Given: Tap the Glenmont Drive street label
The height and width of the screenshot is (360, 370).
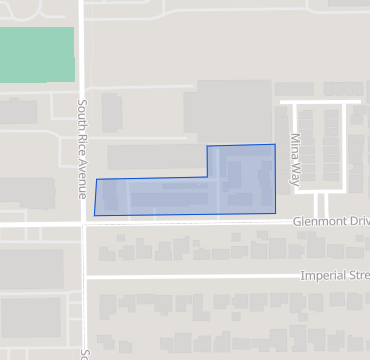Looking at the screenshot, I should click(x=330, y=221).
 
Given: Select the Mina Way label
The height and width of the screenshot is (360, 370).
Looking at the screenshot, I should click(x=295, y=151).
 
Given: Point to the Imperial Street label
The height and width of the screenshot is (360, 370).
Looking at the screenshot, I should click(x=334, y=275).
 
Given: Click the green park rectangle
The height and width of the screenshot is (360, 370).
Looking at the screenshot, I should click(x=37, y=55).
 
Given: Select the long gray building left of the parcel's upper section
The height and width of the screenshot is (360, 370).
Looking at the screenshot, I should click(x=155, y=157).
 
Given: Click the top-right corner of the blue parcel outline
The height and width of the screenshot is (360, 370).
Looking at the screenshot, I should click(x=275, y=144).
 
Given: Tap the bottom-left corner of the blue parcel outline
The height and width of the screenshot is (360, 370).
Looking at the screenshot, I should click(x=94, y=215).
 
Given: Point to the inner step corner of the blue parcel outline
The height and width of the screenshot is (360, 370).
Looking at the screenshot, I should click(x=207, y=177).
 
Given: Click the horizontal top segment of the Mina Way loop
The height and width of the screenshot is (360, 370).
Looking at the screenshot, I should click(x=320, y=101).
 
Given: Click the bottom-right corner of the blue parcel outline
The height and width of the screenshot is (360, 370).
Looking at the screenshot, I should click(x=276, y=213).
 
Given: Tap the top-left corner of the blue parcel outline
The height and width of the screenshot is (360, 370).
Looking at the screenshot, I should click(x=96, y=179).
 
